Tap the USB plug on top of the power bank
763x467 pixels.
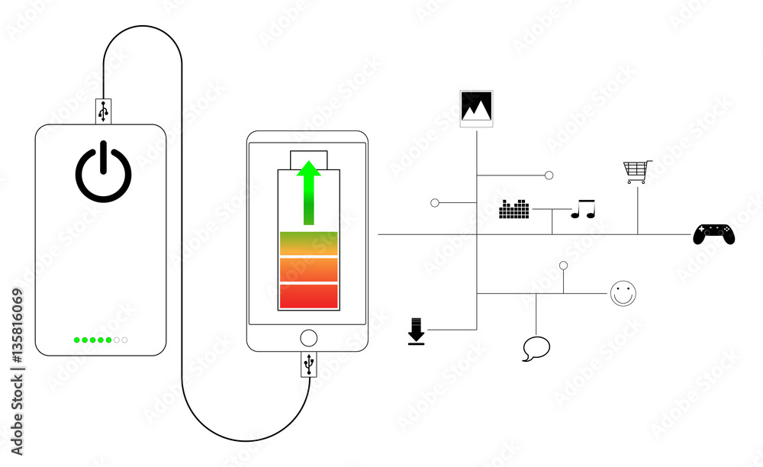pos(103,111)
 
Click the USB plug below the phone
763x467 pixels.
pos(308,364)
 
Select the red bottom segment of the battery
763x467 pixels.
pos(308,296)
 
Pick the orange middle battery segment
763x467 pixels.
pos(308,269)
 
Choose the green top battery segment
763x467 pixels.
pos(308,243)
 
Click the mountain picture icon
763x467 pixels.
pos(476,108)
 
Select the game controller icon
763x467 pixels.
pos(714,234)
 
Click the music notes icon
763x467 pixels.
pos(583,208)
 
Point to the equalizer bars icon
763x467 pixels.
pos(513,208)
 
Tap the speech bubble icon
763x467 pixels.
pos(536,348)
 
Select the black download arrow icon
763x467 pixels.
pos(416,331)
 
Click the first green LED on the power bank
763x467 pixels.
pos(77,340)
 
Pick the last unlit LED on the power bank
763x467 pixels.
pos(124,340)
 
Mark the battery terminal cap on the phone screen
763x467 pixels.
pos(308,160)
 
